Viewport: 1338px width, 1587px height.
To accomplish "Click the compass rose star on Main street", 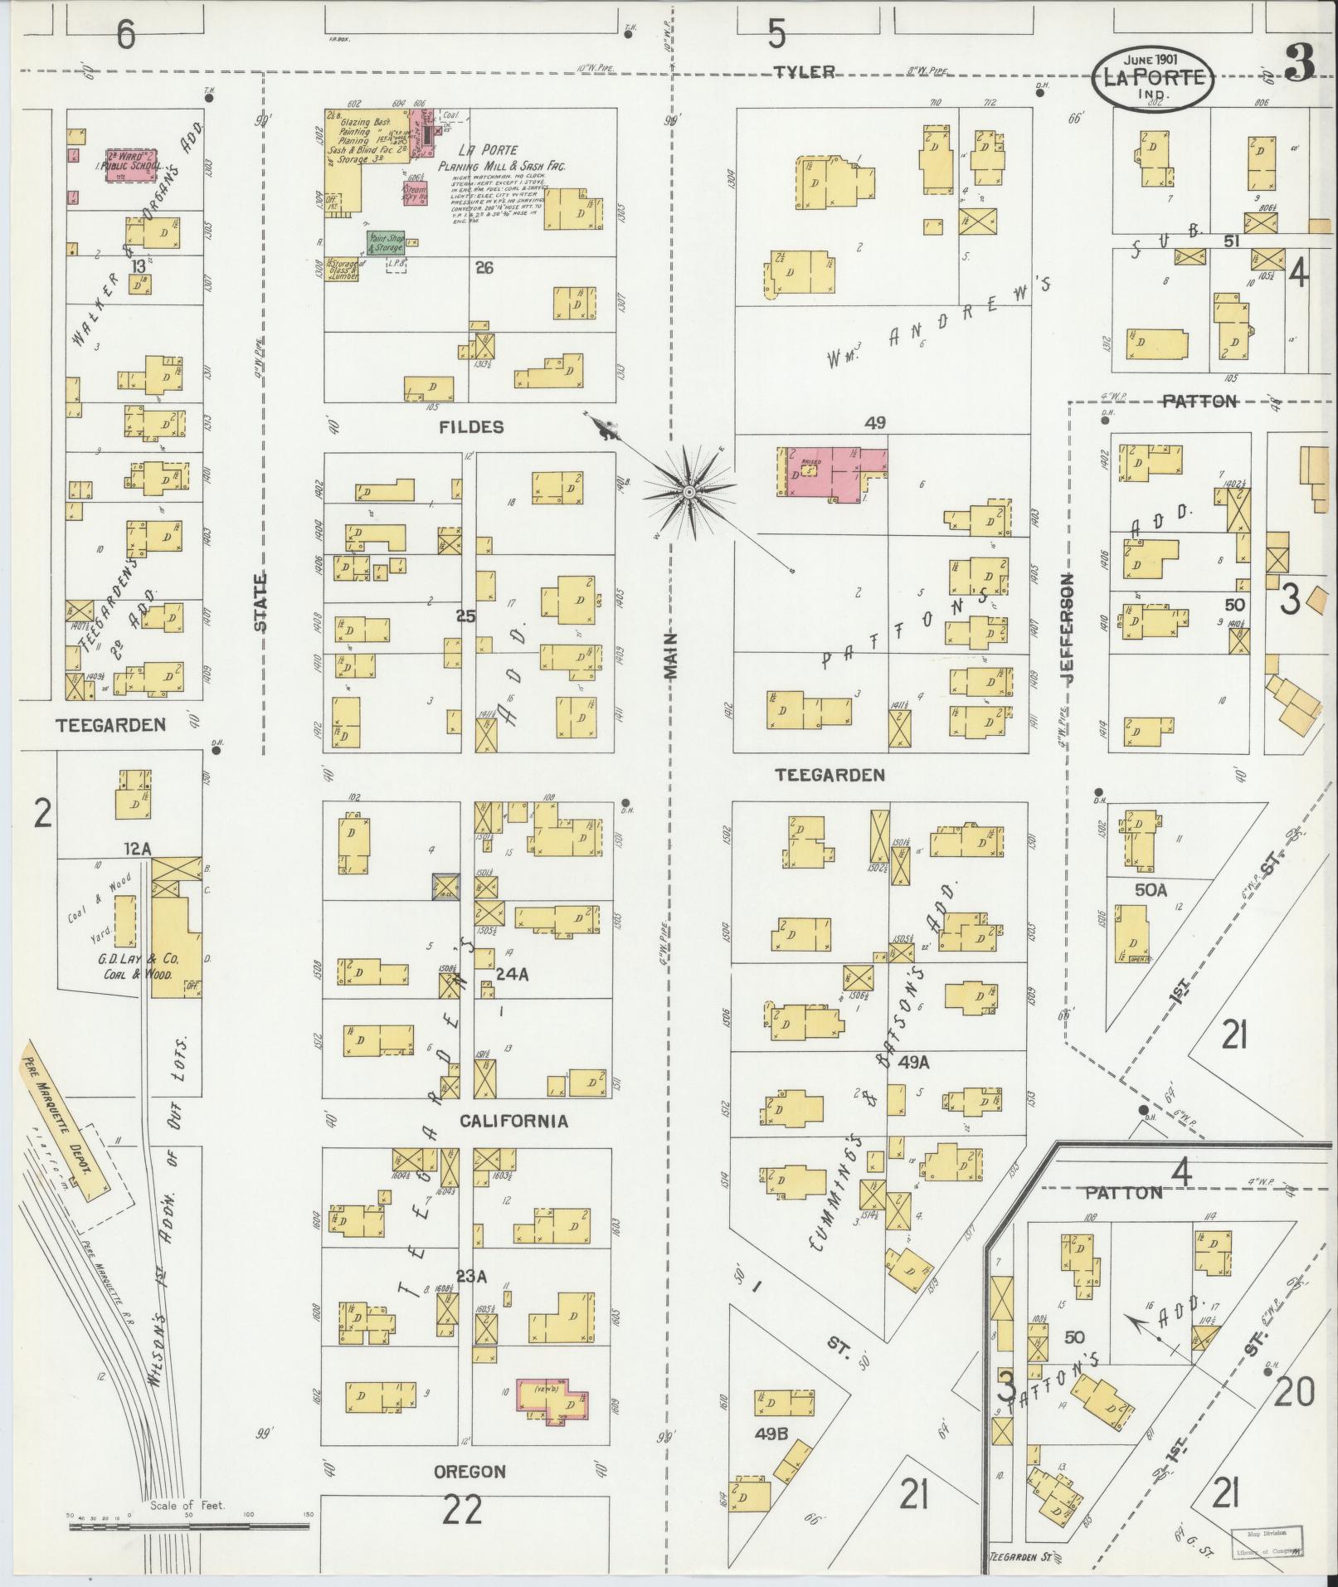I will pos(688,493).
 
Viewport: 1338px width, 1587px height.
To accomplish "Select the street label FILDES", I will pos(470,427).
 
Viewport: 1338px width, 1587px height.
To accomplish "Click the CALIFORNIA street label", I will pos(513,1122).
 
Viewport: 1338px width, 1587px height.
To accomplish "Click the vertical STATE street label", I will pos(260,603).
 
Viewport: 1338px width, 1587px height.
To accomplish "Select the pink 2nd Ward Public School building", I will pos(132,164).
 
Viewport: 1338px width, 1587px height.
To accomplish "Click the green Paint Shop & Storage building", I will pos(386,242).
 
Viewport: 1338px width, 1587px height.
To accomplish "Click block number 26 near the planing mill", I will pos(484,268).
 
